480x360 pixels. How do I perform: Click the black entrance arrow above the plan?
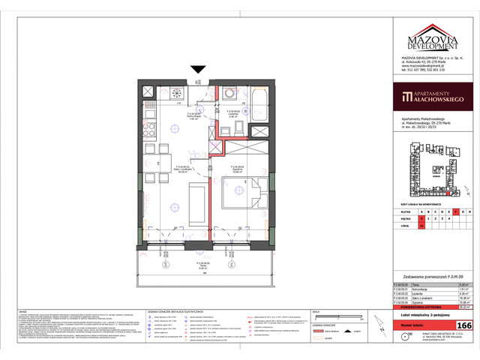[x=197, y=70]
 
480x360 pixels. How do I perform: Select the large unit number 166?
[x=463, y=325]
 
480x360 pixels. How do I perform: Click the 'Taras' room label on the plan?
[x=197, y=266]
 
